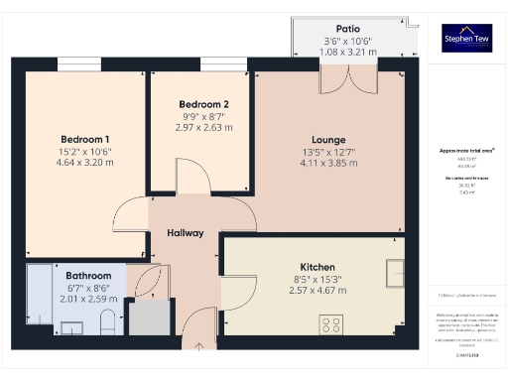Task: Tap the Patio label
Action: click(347, 29)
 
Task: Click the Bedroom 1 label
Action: click(85, 139)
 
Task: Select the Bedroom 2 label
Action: click(203, 104)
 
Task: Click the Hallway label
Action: click(185, 233)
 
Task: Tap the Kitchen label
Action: click(317, 267)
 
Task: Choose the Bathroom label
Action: click(89, 276)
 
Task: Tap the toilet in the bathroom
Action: click(108, 321)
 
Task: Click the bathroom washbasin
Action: click(71, 325)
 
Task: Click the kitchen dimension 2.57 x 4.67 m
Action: click(317, 294)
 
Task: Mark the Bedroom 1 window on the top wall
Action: click(78, 64)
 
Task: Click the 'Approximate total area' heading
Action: click(466, 151)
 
